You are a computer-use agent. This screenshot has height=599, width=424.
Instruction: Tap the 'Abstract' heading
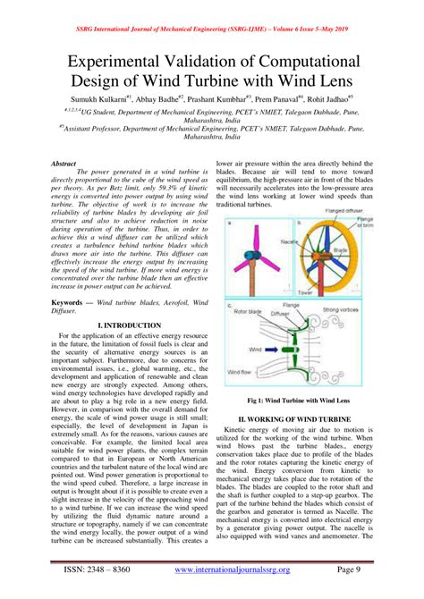pyautogui.click(x=64, y=165)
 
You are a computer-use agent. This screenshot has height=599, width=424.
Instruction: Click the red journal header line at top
pyautogui.click(x=212, y=6)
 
